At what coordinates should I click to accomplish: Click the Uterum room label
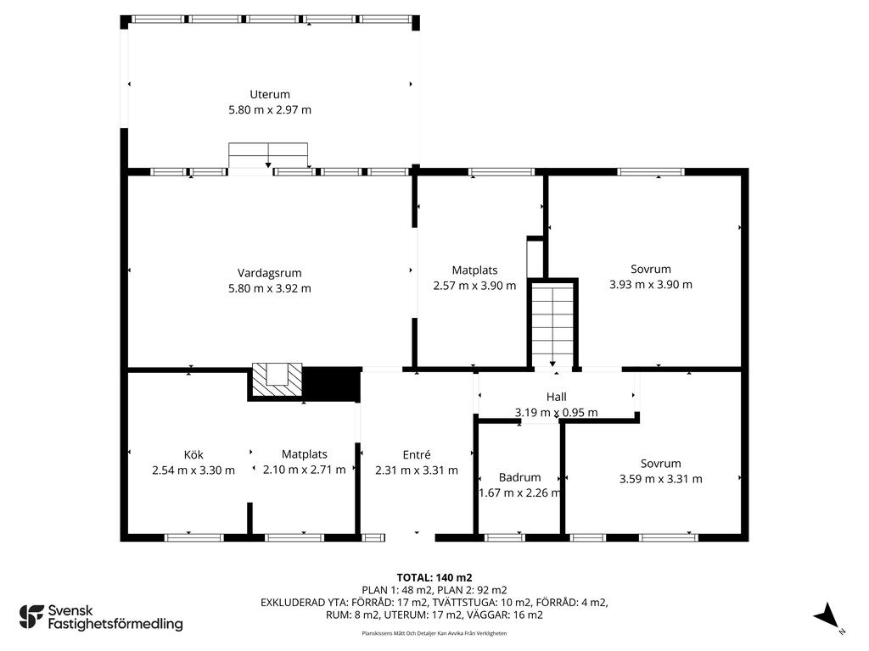[x=269, y=95]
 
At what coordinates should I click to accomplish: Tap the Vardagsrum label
[x=269, y=273]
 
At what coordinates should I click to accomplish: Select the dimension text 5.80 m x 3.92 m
[x=269, y=288]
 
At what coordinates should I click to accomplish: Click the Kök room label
[x=193, y=454]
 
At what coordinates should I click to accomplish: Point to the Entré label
[x=416, y=454]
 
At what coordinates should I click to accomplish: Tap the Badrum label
[x=519, y=477]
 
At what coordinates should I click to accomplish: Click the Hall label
[x=556, y=397]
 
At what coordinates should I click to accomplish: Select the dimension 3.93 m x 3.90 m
[x=651, y=285]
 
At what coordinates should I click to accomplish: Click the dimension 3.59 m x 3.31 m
[x=660, y=479]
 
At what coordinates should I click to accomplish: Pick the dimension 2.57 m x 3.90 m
[x=474, y=286]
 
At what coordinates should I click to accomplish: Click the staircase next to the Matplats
[x=552, y=324]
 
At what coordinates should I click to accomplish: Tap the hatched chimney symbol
[x=278, y=380]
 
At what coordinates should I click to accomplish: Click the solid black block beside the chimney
[x=331, y=384]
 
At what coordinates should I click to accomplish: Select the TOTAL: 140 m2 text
[x=434, y=578]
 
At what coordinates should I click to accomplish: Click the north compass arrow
[x=827, y=617]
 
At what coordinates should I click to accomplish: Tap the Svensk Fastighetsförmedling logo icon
[x=31, y=617]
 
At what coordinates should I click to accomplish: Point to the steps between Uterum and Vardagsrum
[x=268, y=155]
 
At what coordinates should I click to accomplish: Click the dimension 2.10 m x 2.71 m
[x=305, y=470]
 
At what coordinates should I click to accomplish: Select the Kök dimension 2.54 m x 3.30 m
[x=193, y=470]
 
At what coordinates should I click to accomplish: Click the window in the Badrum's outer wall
[x=504, y=537]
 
